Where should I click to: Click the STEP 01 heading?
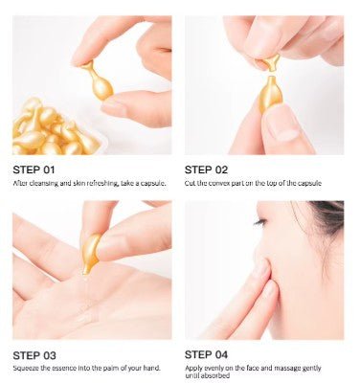coord(35,169)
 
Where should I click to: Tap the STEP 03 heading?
coord(35,354)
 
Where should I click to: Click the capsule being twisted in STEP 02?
coord(271,92)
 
